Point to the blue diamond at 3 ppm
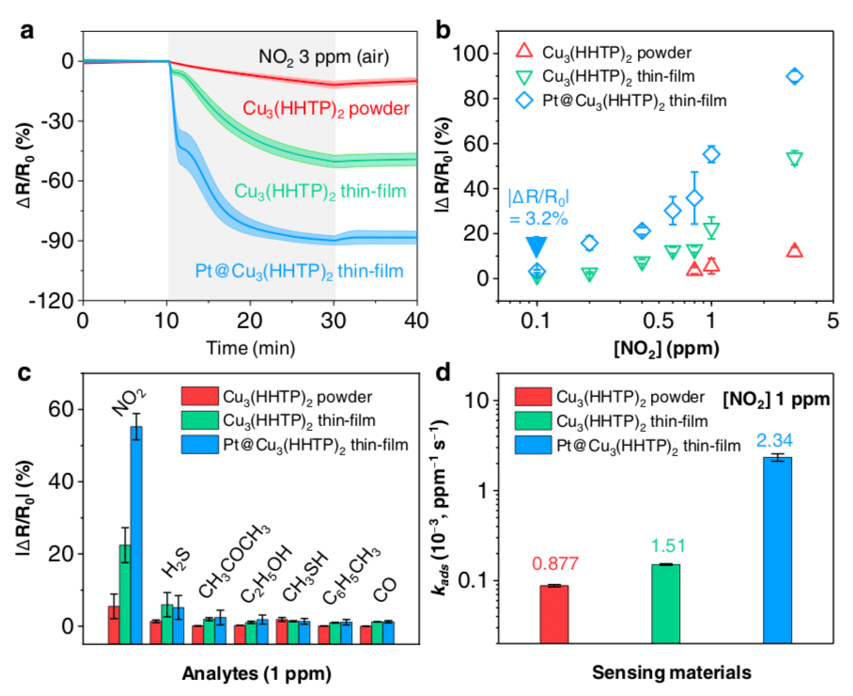(795, 76)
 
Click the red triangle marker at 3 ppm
(795, 251)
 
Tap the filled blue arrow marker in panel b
(536, 246)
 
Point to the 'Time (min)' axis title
(248, 347)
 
